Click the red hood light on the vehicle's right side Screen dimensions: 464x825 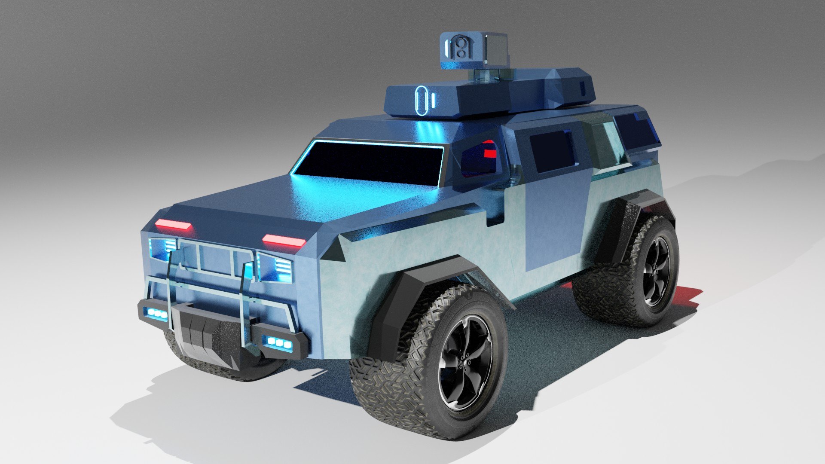click(172, 224)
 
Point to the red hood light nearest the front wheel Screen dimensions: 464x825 click(284, 241)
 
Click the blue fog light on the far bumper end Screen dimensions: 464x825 click(156, 314)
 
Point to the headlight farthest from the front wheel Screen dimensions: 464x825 click(162, 248)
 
